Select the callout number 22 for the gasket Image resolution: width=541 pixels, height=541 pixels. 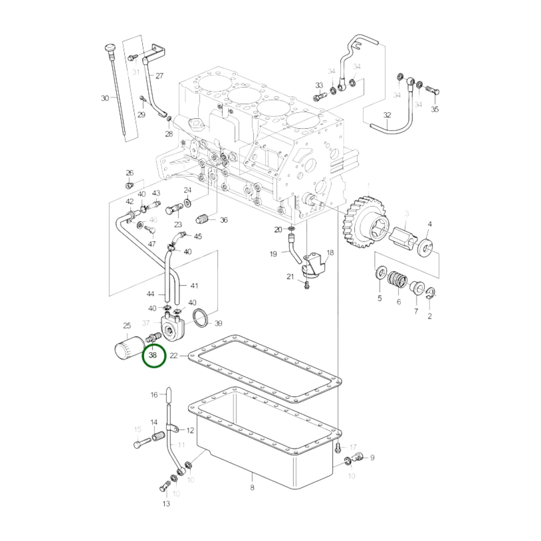[174, 355]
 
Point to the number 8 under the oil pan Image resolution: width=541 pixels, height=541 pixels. [252, 487]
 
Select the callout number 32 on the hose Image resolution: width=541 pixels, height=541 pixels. [387, 115]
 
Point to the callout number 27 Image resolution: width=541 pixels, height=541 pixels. [159, 76]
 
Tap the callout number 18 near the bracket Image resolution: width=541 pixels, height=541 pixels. [330, 253]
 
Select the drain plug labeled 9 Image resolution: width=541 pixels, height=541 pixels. [358, 456]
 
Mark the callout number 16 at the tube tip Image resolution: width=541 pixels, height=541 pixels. [154, 395]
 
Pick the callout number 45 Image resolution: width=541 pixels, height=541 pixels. [198, 236]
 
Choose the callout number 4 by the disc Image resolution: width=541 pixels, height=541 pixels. [430, 224]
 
